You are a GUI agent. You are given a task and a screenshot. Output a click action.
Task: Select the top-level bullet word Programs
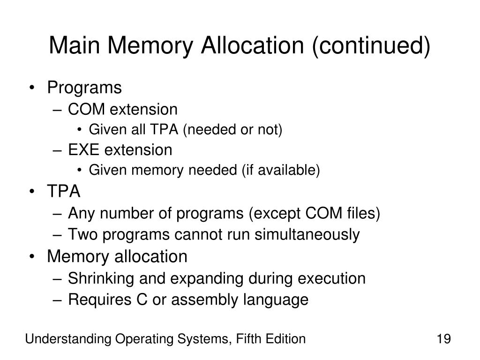coord(84,88)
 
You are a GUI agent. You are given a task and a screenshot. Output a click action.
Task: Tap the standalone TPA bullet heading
coord(64,192)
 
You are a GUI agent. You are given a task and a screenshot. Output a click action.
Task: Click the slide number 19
coord(443,338)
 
